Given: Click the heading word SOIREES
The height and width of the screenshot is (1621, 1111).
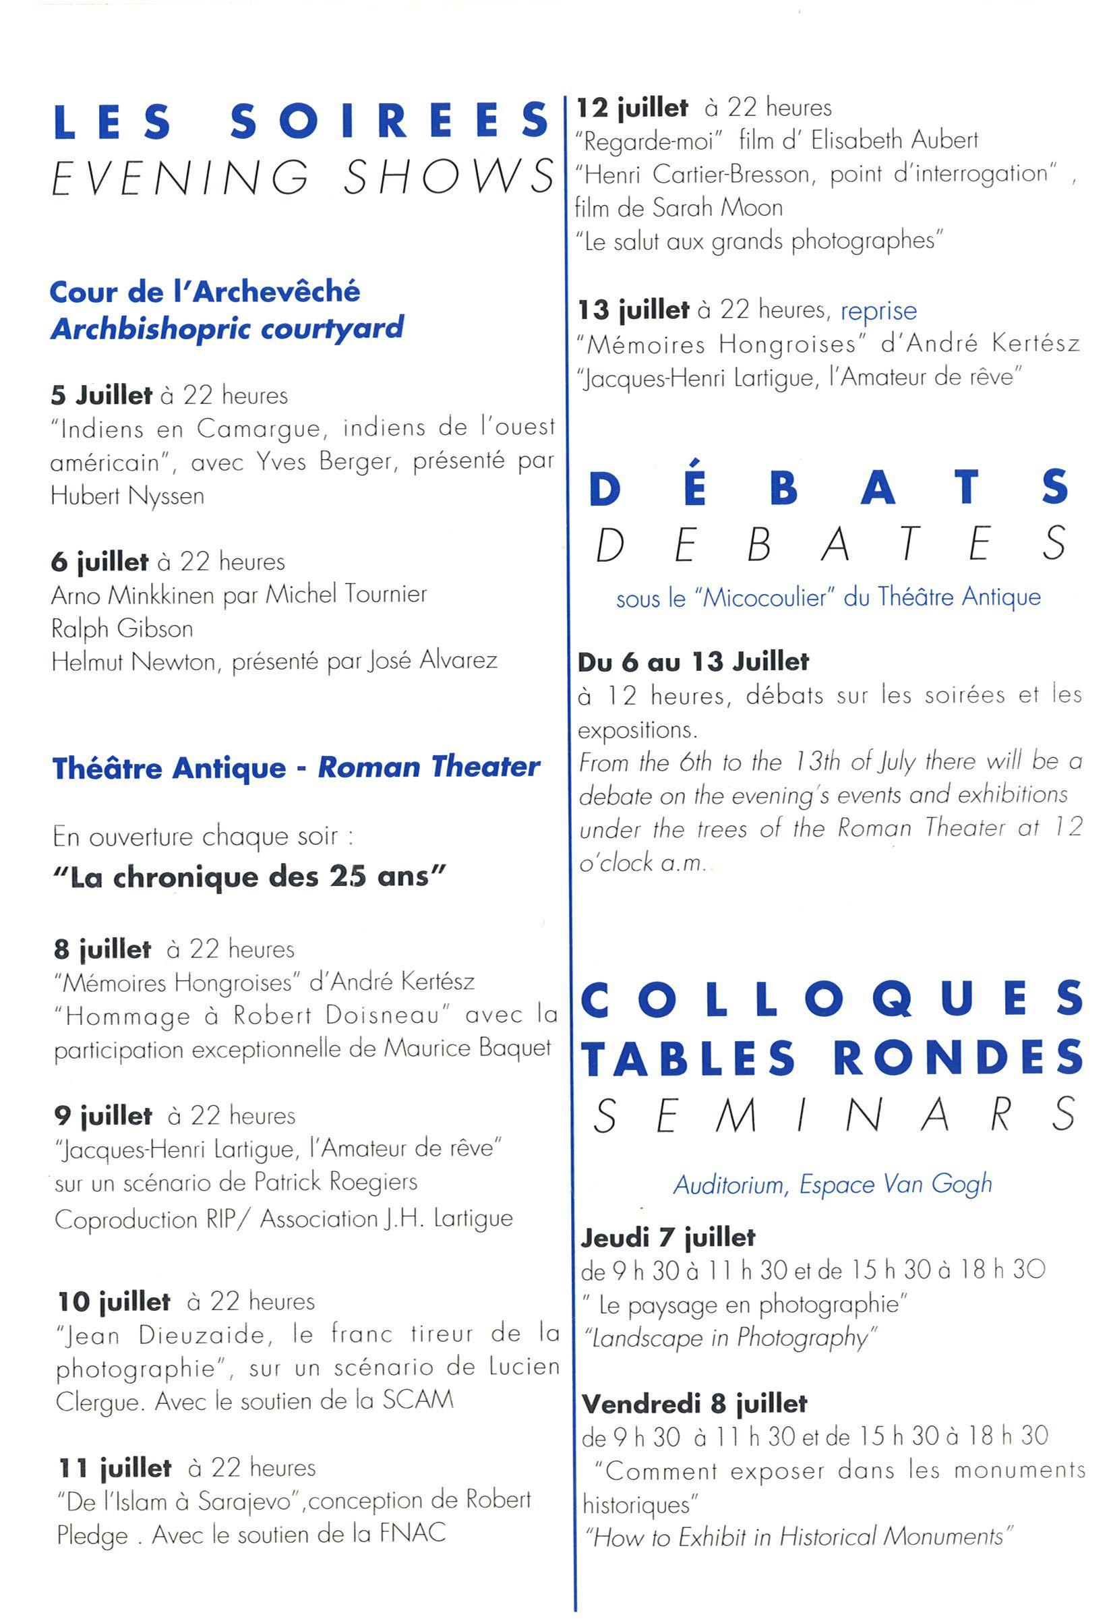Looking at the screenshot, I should tap(389, 121).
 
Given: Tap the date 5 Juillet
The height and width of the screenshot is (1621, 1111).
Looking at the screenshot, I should tap(101, 396).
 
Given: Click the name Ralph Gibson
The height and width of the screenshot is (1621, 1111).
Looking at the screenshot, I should tap(122, 628).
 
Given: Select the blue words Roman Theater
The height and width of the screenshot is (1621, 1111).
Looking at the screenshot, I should tap(429, 767).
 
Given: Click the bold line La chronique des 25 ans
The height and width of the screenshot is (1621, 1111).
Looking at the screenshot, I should tap(249, 877).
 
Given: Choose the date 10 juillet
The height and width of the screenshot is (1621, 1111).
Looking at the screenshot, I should tap(115, 1301).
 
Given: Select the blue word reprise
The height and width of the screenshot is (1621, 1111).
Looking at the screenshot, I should tap(878, 310).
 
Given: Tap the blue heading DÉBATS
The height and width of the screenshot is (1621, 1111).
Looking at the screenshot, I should tap(829, 488).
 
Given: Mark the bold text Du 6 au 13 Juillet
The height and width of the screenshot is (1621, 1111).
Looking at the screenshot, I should tap(693, 661).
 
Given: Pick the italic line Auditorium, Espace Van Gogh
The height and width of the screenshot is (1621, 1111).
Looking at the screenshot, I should tap(832, 1183).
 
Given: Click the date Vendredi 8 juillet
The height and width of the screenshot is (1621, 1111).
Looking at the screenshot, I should tap(694, 1403).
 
